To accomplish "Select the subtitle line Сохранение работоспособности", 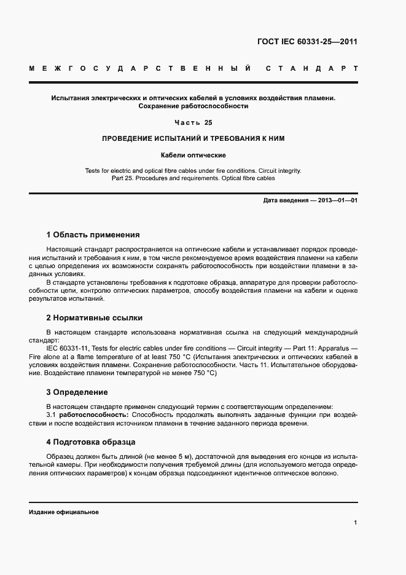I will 193,106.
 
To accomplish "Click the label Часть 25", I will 193,122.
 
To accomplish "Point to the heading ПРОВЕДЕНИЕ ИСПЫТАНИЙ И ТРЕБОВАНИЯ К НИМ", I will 193,139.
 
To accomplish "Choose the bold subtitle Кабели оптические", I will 193,155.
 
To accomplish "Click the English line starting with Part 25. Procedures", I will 193,178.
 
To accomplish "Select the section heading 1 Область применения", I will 93,234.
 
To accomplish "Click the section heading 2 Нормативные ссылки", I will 94,318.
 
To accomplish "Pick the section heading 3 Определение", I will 77,392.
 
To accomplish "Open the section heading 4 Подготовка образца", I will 91,442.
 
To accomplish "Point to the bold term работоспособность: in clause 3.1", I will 93,415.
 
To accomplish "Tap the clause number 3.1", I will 52,415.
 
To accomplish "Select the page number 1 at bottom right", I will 356,523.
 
